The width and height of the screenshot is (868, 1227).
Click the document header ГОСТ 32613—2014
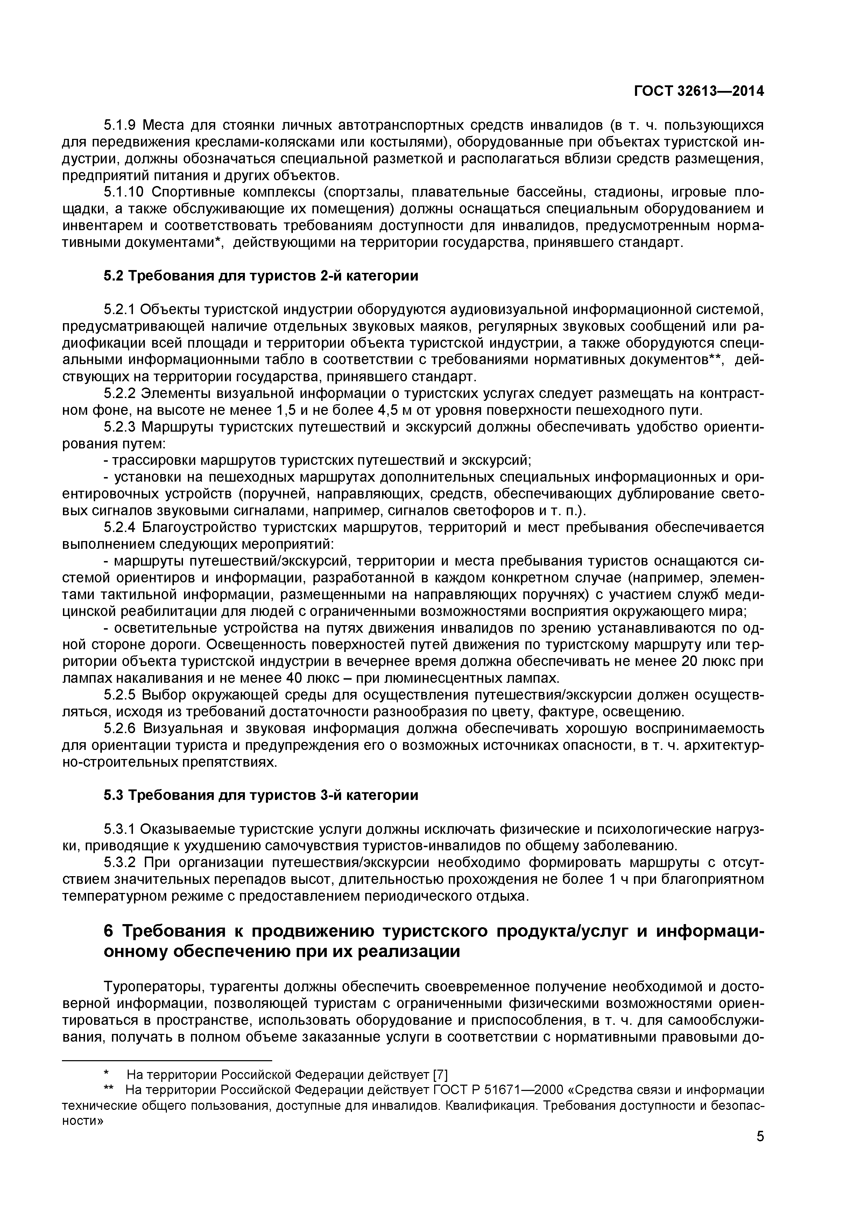point(699,91)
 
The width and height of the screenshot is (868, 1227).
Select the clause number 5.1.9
point(120,126)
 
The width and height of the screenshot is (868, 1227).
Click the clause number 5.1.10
point(124,192)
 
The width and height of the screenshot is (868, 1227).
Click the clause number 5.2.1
point(120,310)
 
